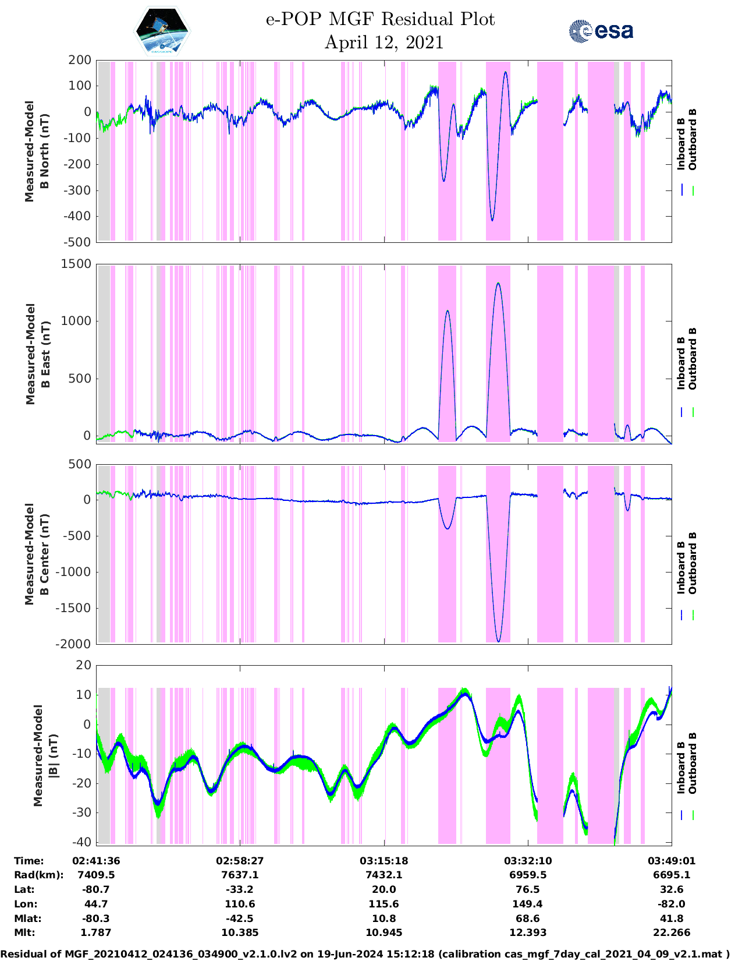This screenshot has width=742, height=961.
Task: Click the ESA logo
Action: click(601, 31)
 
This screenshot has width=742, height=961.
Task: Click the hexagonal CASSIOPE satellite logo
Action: click(162, 31)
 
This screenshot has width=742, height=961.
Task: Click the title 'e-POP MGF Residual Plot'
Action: click(380, 19)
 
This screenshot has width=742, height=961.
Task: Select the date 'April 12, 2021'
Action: click(384, 43)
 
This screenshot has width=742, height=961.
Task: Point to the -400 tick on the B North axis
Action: click(80, 216)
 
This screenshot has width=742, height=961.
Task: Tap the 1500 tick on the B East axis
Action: click(77, 264)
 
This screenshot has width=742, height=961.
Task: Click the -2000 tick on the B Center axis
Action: click(74, 644)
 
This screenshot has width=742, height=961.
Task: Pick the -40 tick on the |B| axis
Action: click(83, 842)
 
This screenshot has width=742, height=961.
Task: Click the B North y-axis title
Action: click(37, 151)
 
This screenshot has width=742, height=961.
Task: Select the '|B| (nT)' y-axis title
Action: click(45, 755)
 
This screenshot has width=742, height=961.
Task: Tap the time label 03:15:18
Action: click(384, 861)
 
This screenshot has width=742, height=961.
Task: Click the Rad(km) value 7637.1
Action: click(240, 875)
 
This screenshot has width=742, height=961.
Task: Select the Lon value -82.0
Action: click(672, 904)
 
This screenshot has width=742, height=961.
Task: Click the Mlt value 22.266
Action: click(672, 932)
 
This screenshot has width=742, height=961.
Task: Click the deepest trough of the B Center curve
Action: click(498, 641)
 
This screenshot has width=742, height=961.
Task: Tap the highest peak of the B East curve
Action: click(498, 284)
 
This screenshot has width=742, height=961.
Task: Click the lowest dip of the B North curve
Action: click(492, 220)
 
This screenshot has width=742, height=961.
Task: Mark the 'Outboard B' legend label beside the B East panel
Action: click(693, 359)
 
